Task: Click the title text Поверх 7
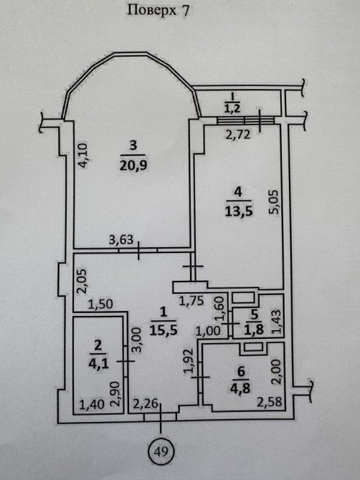click(158, 11)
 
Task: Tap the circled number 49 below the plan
click(161, 451)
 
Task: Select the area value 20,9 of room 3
click(133, 165)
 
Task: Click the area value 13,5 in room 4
click(239, 211)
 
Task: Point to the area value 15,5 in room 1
click(164, 330)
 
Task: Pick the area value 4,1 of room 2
click(98, 364)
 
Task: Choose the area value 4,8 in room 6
click(240, 388)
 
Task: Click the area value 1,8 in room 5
click(253, 331)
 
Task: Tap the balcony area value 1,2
click(232, 109)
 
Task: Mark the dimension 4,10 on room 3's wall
click(82, 155)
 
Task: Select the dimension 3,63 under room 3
click(121, 240)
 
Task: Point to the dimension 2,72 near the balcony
click(238, 135)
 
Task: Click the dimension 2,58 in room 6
click(269, 402)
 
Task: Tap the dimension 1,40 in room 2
click(92, 405)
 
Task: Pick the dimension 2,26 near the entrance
click(146, 405)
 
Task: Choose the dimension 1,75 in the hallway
click(191, 301)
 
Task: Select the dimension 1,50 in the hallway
click(100, 304)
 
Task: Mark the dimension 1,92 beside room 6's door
click(189, 361)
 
